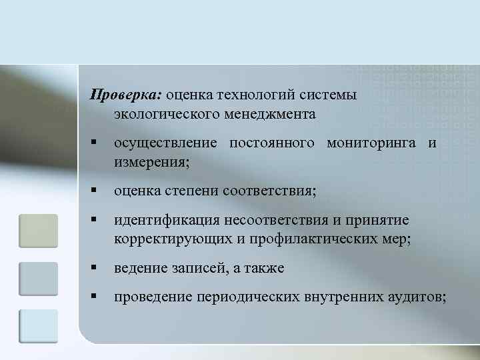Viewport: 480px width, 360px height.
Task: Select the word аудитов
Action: [417, 297]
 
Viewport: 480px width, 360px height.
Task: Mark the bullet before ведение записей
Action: [96, 268]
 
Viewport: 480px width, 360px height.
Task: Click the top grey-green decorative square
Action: [39, 231]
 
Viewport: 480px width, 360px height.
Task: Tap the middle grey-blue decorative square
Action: [39, 279]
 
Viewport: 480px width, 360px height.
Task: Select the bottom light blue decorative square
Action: [39, 326]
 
